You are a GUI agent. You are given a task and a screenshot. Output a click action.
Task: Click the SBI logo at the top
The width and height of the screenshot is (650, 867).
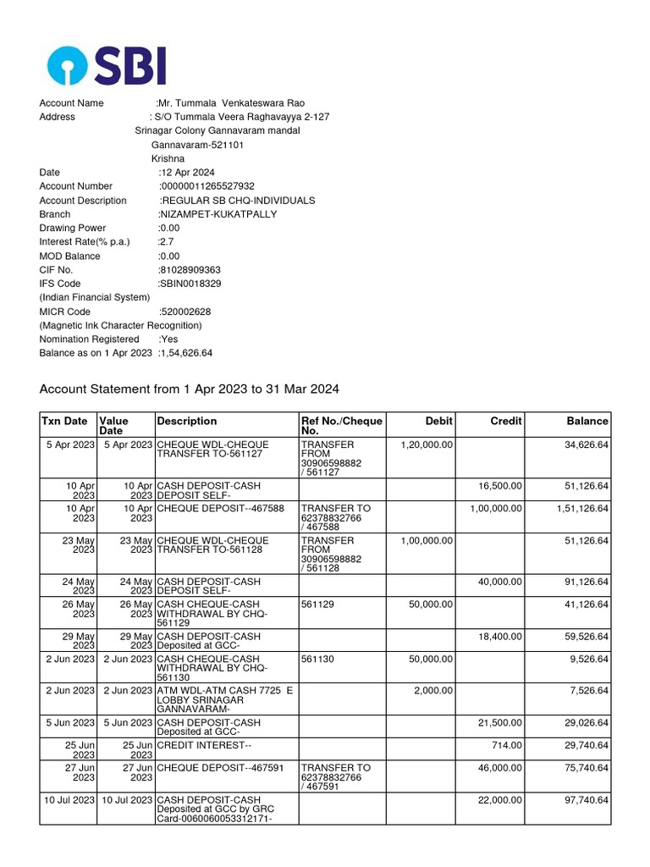pos(107,65)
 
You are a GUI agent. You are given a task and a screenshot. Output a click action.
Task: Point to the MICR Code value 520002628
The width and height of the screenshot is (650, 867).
pos(185,312)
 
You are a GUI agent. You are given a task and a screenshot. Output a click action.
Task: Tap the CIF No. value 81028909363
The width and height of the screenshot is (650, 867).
pos(190,270)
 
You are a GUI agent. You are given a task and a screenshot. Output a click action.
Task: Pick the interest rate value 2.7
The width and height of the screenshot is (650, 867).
pos(167,242)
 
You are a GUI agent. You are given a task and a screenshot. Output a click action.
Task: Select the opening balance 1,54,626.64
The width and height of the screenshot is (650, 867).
pos(186,353)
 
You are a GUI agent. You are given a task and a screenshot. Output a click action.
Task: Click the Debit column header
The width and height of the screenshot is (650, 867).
pos(438,421)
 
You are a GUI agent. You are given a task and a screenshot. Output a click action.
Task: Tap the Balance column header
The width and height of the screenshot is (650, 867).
pos(587,421)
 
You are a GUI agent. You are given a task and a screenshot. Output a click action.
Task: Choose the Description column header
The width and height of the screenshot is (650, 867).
pos(187,421)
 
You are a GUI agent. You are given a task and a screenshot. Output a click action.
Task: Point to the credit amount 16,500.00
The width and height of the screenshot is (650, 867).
pos(499,486)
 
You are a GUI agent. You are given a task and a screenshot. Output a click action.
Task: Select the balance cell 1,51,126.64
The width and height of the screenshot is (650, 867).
pos(581,509)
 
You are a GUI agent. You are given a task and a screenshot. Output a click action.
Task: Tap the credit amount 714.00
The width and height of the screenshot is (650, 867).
pos(507,745)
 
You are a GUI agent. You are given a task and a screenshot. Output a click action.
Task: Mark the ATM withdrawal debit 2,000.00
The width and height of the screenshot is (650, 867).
pos(433,691)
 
